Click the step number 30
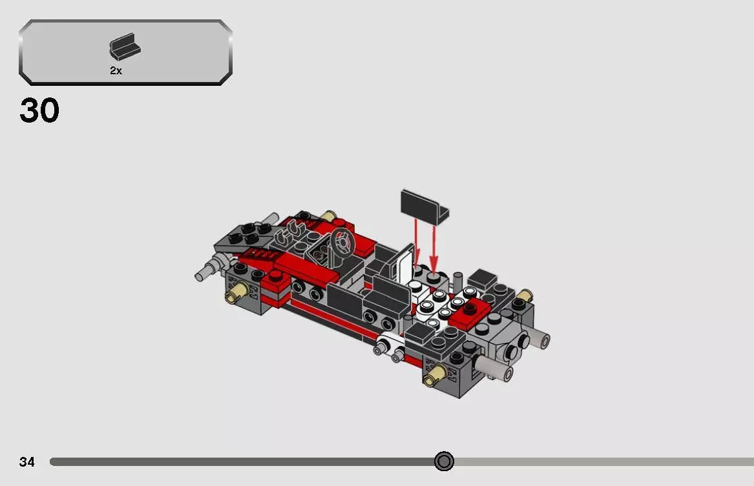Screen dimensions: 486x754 pos(39,110)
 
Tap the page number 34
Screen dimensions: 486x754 pos(26,461)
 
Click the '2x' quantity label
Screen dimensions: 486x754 pos(116,71)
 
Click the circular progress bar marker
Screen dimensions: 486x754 pos(443,461)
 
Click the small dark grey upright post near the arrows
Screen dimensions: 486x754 pos(457,281)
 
